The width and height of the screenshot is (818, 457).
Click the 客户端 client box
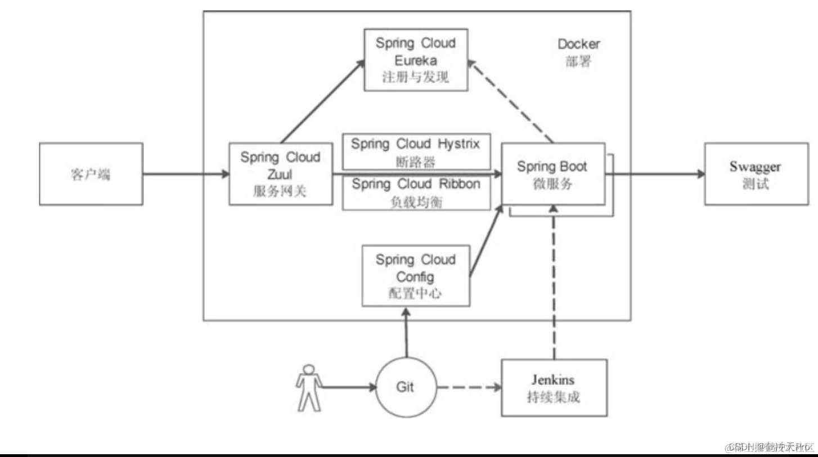coord(91,174)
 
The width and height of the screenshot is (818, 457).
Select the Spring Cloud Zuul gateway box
coord(280,174)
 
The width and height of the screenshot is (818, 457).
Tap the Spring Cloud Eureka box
coord(416,60)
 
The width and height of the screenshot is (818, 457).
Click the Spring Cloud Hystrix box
coord(416,151)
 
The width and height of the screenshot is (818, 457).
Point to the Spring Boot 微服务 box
coord(552,174)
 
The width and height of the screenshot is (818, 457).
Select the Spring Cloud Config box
coord(416,276)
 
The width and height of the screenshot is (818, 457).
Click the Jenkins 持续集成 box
coord(554,388)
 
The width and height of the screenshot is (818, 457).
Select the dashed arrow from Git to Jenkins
coord(469,388)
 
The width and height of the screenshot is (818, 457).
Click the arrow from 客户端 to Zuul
coord(186,174)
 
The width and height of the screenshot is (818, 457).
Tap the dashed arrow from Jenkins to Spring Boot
coord(555,281)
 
